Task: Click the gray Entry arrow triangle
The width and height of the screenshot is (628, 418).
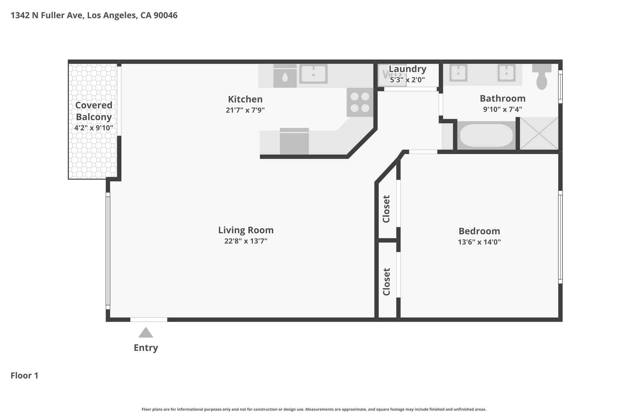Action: (x=146, y=333)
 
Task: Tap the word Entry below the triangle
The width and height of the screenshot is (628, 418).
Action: (x=146, y=348)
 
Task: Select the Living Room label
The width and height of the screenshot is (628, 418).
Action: (x=246, y=230)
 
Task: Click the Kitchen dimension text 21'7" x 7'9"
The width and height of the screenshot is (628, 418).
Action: (x=245, y=110)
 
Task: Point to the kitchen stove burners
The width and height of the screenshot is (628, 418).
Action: (x=360, y=102)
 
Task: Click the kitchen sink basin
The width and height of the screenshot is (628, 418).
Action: (x=313, y=74)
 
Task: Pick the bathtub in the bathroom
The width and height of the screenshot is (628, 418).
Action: (x=486, y=135)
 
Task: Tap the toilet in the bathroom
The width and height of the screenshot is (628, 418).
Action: (x=542, y=77)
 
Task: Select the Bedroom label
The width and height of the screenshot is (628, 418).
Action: (x=479, y=231)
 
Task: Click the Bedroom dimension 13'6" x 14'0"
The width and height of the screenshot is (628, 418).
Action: (x=479, y=242)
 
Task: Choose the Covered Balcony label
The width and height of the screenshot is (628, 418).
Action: (x=94, y=111)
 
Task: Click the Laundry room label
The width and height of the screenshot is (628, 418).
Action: (x=408, y=69)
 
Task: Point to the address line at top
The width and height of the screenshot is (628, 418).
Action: (x=94, y=15)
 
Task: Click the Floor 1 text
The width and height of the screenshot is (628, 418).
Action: (x=25, y=375)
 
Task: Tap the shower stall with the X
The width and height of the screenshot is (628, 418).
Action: (x=539, y=134)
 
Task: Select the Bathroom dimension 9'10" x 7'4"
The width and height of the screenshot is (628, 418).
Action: (x=503, y=109)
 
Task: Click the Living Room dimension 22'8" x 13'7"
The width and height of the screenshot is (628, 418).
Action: (x=246, y=241)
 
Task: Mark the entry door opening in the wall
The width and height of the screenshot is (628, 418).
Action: (x=149, y=320)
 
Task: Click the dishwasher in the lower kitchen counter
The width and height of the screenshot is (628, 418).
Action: (x=294, y=141)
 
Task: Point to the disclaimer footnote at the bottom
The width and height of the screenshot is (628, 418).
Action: (x=314, y=409)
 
